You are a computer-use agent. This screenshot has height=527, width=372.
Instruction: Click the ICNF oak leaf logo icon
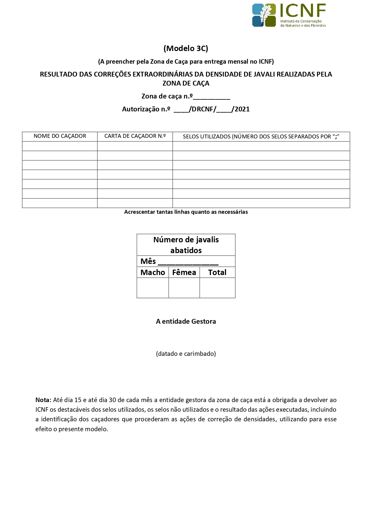(264, 15)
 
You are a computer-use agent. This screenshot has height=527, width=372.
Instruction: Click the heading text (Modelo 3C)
(186, 48)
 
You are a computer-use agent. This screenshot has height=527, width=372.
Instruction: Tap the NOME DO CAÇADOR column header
(60, 136)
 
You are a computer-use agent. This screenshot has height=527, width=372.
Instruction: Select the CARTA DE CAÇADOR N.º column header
(135, 136)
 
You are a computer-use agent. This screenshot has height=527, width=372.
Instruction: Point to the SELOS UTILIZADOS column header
(261, 137)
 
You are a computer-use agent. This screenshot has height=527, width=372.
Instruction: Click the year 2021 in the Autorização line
(242, 109)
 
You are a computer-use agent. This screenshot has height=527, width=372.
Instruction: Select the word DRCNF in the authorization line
(202, 109)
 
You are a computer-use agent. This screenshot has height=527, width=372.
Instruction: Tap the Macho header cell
(153, 272)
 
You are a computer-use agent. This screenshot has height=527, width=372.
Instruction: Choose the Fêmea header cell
(184, 272)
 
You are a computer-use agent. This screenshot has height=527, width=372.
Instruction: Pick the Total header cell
(217, 272)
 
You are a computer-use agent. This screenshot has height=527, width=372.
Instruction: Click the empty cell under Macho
(153, 288)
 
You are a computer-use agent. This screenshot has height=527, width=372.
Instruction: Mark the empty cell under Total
(217, 288)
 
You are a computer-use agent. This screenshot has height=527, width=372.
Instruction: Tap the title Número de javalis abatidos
(186, 245)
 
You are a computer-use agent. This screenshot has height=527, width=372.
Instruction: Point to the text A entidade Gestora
(186, 321)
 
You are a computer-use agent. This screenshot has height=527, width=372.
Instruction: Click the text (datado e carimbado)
(186, 354)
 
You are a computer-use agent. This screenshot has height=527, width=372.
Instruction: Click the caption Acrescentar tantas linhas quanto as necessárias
(186, 212)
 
